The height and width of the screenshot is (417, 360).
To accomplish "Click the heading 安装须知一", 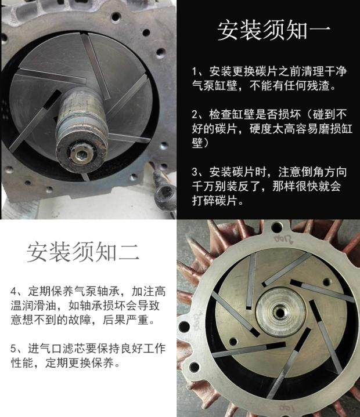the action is pyautogui.click(x=274, y=30).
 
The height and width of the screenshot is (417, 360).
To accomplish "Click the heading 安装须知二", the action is pyautogui.click(x=83, y=251).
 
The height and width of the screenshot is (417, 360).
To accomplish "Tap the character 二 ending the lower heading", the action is pyautogui.click(x=129, y=252).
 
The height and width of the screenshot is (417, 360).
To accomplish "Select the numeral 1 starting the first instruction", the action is pyautogui.click(x=195, y=71).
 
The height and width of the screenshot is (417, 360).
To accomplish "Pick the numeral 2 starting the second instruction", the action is pyautogui.click(x=195, y=115).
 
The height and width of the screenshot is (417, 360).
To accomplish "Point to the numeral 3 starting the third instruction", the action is pyautogui.click(x=195, y=172).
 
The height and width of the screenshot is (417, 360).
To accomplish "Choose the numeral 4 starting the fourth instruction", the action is pyautogui.click(x=13, y=292).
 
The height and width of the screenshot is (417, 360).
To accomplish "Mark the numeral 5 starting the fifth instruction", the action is pyautogui.click(x=13, y=349).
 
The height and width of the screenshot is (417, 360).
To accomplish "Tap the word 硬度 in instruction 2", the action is pyautogui.click(x=261, y=129).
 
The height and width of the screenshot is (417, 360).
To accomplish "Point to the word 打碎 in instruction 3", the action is pyautogui.click(x=203, y=201).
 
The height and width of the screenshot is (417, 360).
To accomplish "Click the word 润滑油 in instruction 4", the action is pyautogui.click(x=34, y=306).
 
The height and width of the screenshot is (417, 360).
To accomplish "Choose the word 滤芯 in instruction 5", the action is pyautogui.click(x=74, y=349).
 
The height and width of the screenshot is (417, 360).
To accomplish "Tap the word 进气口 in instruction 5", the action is pyautogui.click(x=45, y=349).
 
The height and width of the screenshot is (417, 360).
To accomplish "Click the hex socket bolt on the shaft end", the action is pyautogui.click(x=80, y=154).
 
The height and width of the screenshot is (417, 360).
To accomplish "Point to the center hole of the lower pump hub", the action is pyautogui.click(x=280, y=311).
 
